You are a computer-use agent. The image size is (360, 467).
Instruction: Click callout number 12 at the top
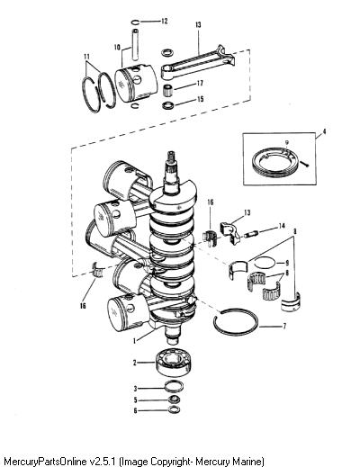(x=165, y=21)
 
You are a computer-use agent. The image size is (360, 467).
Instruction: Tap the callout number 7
(x=284, y=326)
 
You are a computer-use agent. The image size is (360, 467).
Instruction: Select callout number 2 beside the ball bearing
(x=135, y=363)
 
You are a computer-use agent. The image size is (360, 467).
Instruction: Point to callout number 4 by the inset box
(x=324, y=131)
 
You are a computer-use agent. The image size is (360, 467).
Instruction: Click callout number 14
(x=282, y=226)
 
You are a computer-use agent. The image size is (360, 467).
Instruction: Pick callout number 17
(x=200, y=83)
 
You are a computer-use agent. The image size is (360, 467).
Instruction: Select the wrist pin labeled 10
(x=136, y=44)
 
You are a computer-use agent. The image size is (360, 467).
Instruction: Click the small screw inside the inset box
(x=305, y=164)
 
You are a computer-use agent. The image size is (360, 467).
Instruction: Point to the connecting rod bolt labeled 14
(x=249, y=234)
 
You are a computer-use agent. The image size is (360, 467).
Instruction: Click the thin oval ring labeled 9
(x=265, y=263)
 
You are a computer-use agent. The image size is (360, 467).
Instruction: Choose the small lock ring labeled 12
(x=135, y=22)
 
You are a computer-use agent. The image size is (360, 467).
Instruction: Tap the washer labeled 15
(x=167, y=105)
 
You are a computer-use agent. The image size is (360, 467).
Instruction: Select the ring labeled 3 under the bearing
(x=174, y=387)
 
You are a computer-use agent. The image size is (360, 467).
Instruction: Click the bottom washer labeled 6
(x=174, y=409)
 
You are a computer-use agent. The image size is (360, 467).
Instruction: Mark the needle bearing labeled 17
(x=168, y=90)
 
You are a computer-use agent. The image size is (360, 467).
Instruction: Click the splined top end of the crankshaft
(x=171, y=161)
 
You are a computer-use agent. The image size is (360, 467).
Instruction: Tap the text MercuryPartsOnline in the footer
(x=47, y=461)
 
